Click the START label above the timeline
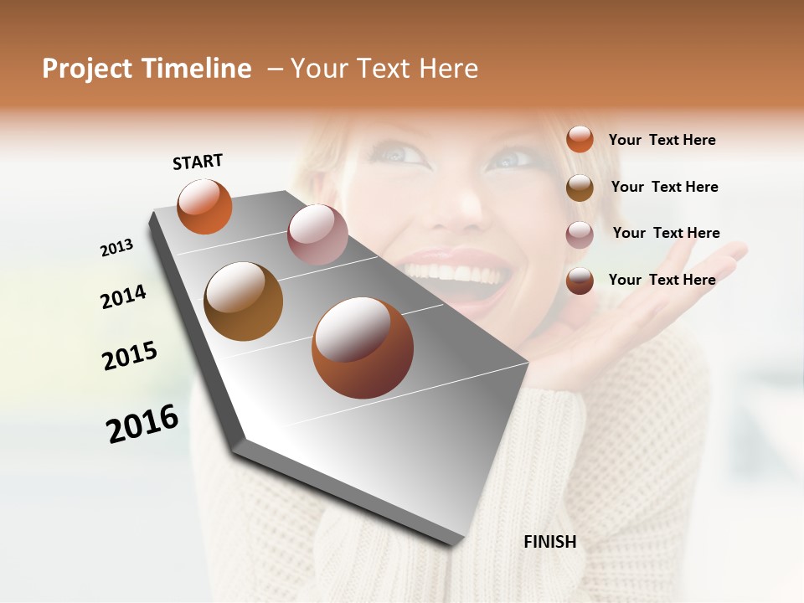click(198, 162)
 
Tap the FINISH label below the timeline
click(549, 542)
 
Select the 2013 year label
click(116, 248)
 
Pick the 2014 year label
click(123, 296)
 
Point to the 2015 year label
click(130, 355)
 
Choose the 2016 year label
click(142, 423)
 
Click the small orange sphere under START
click(204, 206)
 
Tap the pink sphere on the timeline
click(317, 234)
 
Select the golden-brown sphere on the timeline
click(243, 301)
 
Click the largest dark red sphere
click(363, 348)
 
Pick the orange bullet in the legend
click(580, 139)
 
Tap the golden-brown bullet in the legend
click(580, 187)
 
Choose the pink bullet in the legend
click(580, 234)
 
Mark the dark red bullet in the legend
click(580, 280)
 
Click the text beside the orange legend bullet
click(662, 140)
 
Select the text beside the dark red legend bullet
click(662, 280)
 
